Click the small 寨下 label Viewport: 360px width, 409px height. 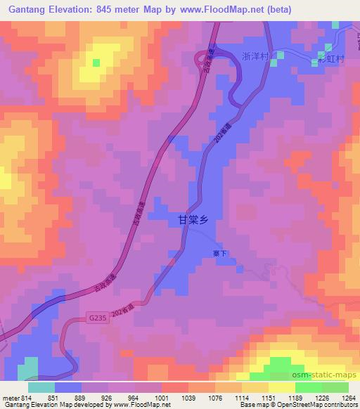coord(220,254)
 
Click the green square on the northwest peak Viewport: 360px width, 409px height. coord(96,63)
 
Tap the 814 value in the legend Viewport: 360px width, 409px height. coord(27,397)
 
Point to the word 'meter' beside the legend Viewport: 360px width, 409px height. coord(9,397)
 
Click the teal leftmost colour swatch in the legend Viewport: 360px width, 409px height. coord(41,387)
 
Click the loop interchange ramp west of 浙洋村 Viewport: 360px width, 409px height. coord(208,56)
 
